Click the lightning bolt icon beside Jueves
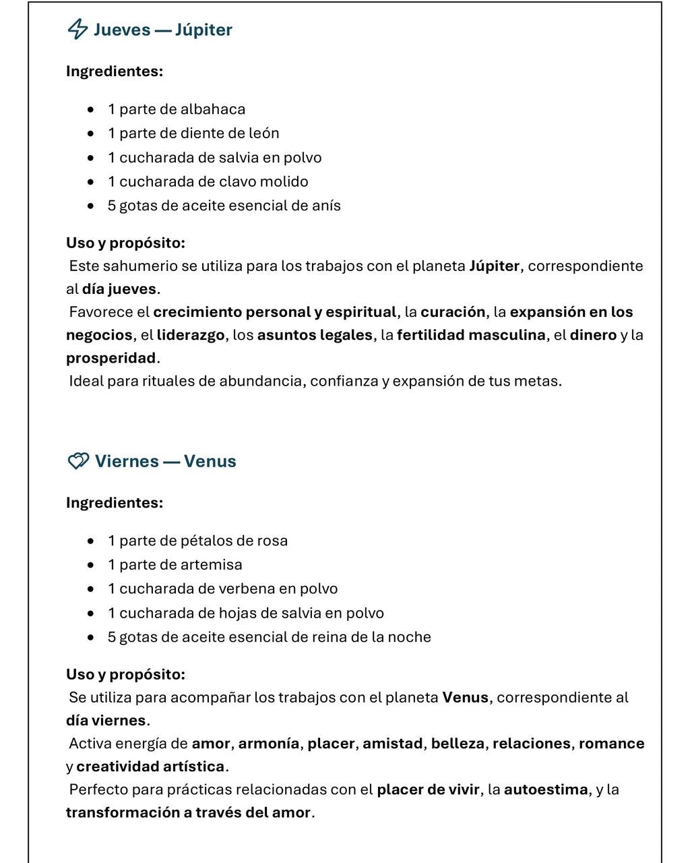coord(77,29)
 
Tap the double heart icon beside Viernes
coord(78,461)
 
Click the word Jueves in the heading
coord(122,30)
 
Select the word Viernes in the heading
coord(127,461)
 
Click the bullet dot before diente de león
coord(91,133)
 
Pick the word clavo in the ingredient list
coord(236,181)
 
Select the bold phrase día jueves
coord(119,289)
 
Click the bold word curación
coord(453,312)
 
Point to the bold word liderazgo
coord(191,335)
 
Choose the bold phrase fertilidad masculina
coord(471,335)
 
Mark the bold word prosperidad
coord(111,358)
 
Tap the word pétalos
coord(206,541)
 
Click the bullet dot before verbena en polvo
coord(91,589)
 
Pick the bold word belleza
coord(458,744)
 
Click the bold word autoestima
coord(546,790)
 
